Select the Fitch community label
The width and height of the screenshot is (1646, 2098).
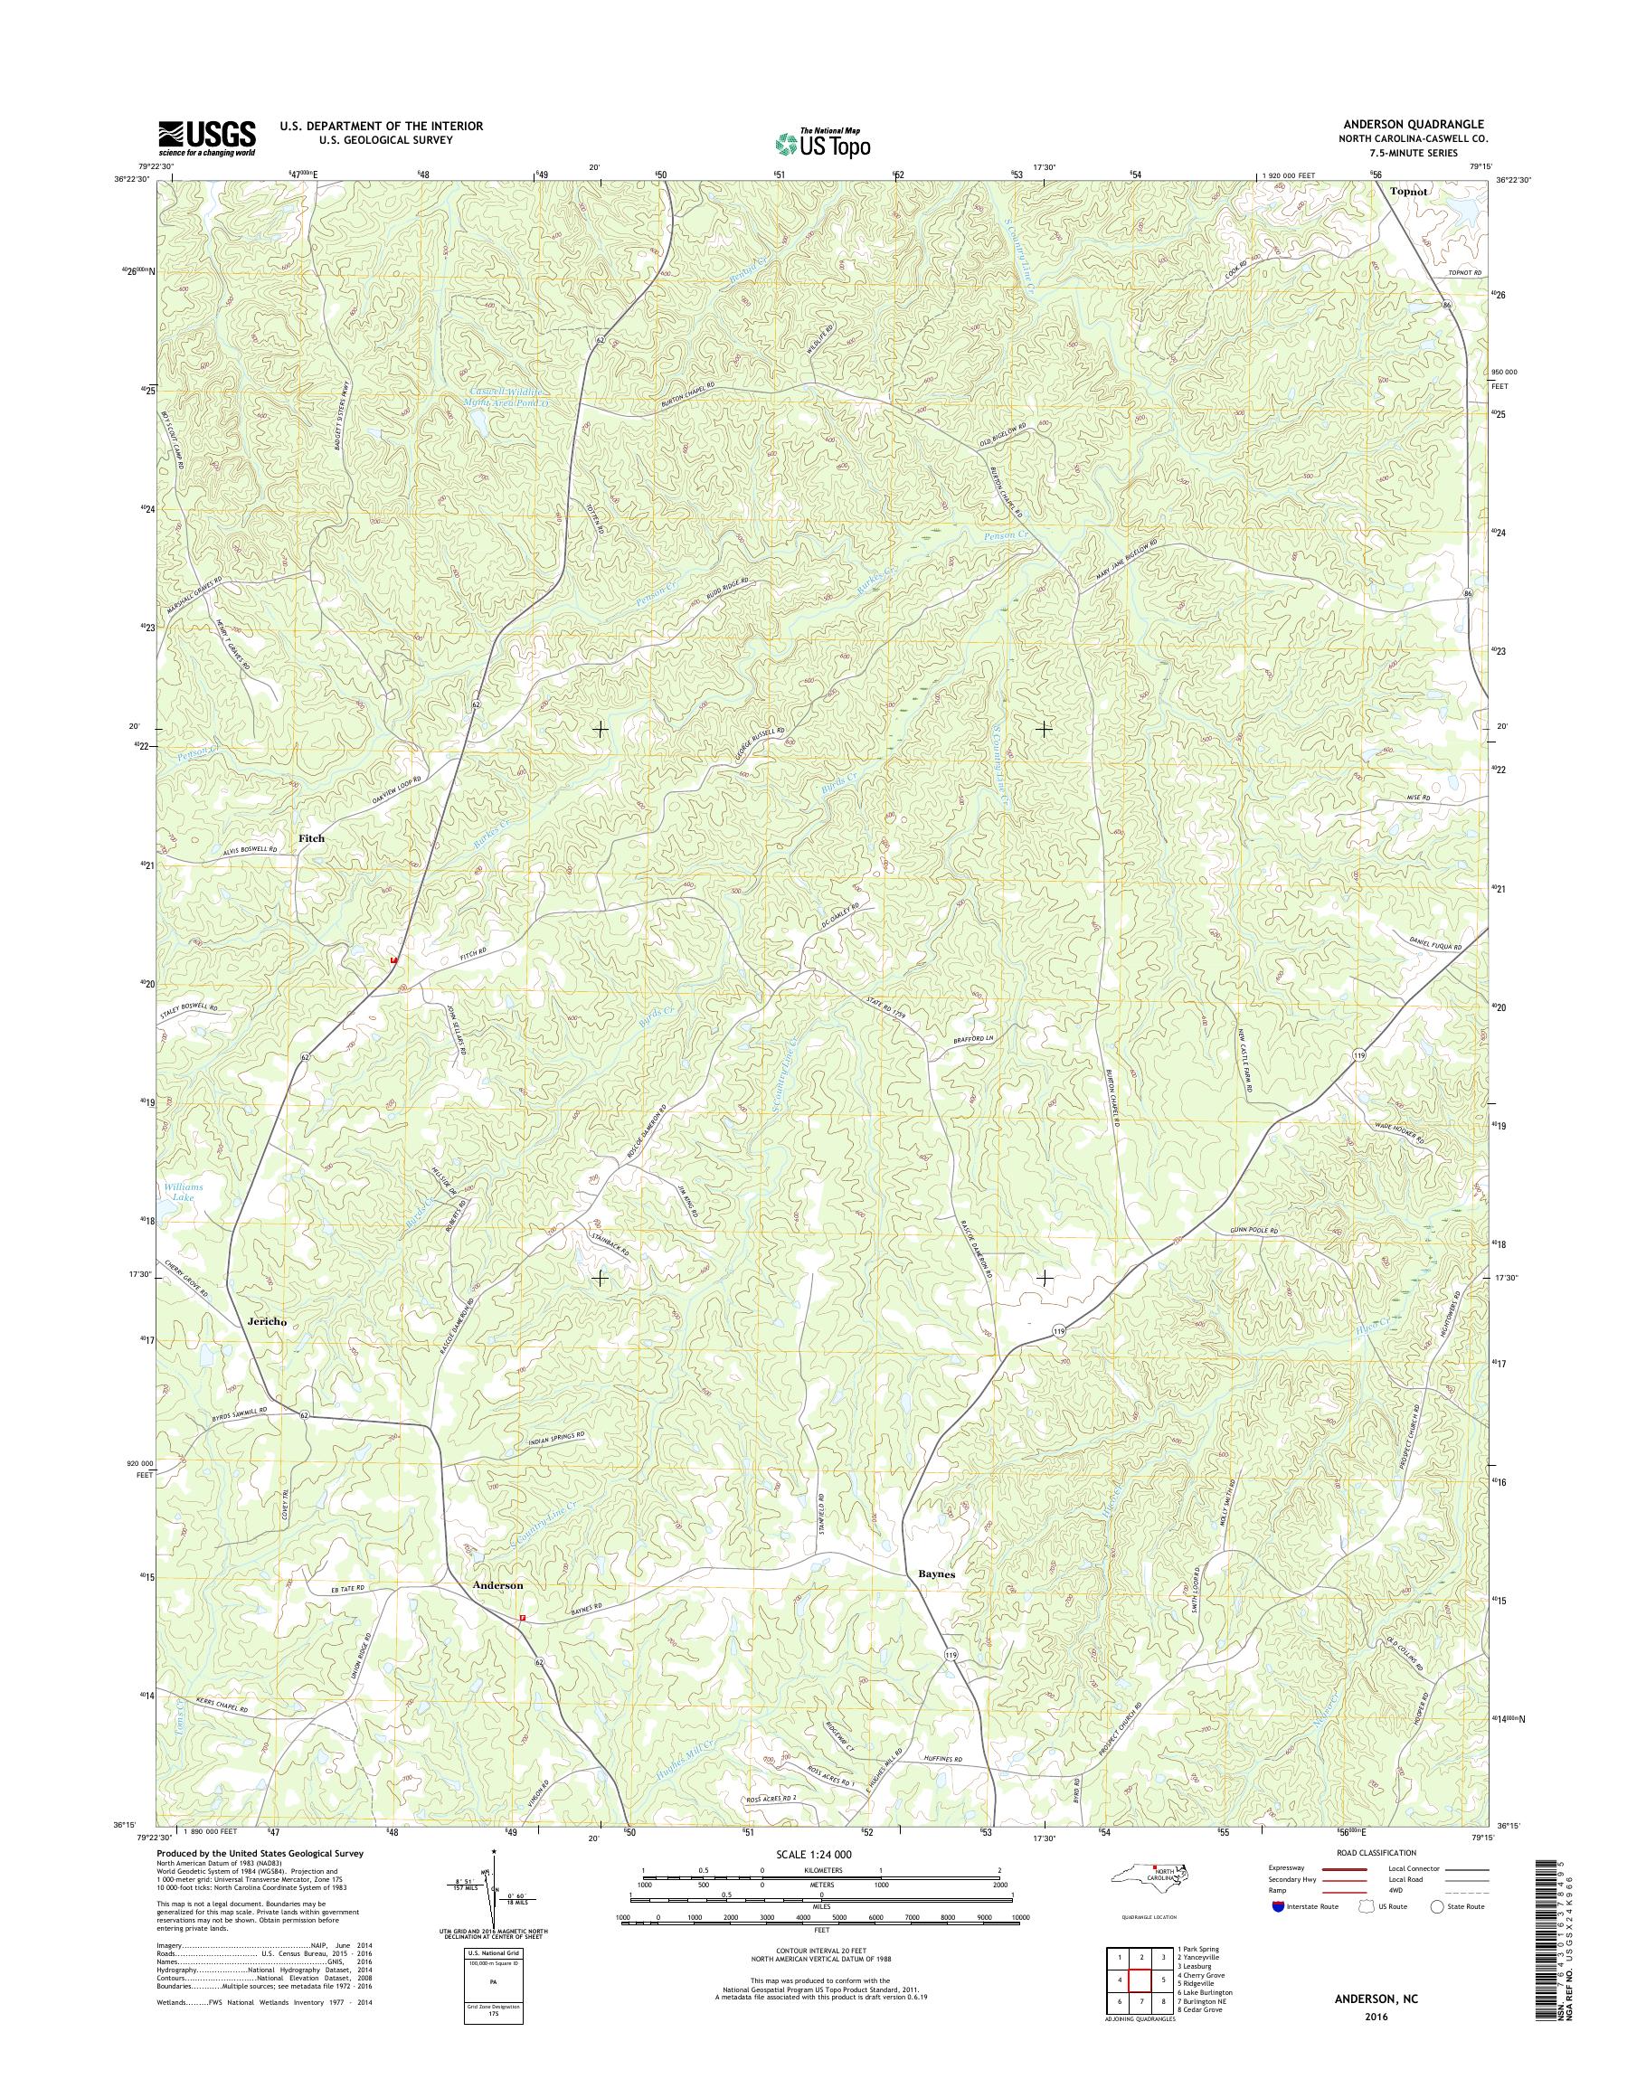311,838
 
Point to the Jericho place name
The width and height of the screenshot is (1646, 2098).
267,1321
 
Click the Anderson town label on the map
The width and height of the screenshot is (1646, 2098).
497,1585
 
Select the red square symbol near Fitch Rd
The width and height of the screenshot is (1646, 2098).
393,959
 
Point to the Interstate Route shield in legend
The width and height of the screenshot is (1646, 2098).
1277,1906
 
